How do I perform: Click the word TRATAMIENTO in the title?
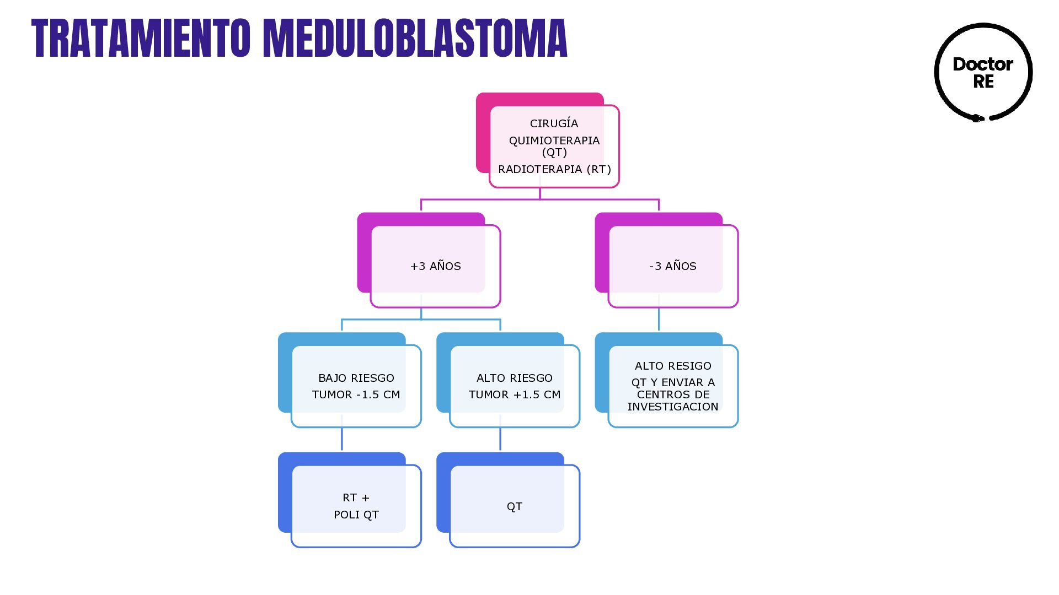(x=141, y=39)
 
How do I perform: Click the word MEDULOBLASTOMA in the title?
(x=415, y=39)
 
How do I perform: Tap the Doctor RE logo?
(x=983, y=72)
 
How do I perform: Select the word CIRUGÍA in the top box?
(x=554, y=123)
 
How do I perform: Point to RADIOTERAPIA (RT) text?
(x=554, y=169)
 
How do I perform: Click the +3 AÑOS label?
(x=435, y=266)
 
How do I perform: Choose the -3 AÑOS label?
(x=672, y=266)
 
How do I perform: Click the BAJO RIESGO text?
(x=356, y=378)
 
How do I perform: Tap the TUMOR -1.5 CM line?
(x=356, y=394)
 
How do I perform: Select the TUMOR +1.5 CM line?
(x=515, y=394)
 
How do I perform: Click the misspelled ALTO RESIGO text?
(x=673, y=366)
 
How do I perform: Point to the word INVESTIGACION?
(x=673, y=407)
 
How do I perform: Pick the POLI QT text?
(x=356, y=515)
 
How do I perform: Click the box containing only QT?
(x=514, y=506)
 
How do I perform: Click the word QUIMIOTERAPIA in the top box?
(x=554, y=140)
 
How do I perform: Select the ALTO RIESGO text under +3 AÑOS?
(x=515, y=378)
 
